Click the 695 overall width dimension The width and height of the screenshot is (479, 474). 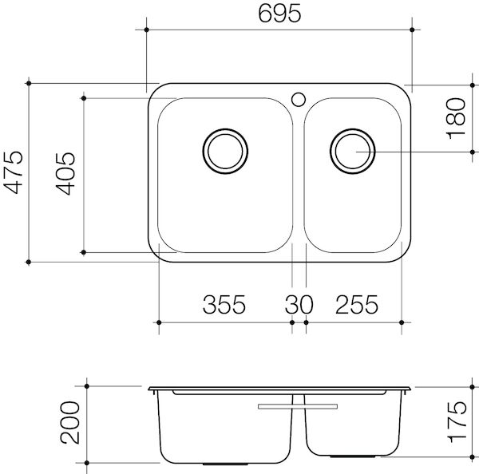tap(279, 14)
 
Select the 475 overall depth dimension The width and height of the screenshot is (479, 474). tap(12, 172)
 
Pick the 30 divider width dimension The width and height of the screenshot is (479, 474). tap(299, 305)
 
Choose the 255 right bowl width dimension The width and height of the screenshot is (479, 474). tap(356, 305)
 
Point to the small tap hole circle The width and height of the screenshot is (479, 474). tap(299, 100)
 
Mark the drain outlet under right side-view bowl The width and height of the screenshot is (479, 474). tap(343, 457)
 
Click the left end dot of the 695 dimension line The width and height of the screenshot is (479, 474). tap(148, 31)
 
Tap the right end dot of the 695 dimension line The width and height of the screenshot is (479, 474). tap(411, 31)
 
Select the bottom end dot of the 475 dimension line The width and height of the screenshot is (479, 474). tap(29, 261)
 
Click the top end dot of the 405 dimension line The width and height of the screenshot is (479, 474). tap(83, 98)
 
